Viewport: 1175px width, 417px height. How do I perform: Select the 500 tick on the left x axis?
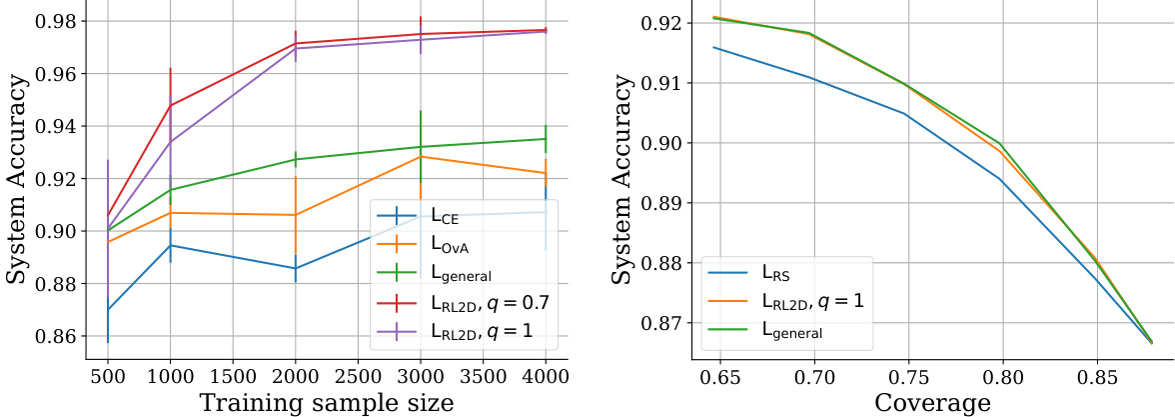tap(107, 375)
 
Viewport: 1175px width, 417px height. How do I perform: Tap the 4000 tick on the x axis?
tap(546, 375)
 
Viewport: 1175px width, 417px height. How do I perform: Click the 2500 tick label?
tap(358, 375)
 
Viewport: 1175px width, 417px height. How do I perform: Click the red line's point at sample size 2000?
tap(296, 43)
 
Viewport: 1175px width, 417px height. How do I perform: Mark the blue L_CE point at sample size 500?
tap(107, 309)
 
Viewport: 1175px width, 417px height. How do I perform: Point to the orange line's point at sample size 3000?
tap(421, 156)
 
